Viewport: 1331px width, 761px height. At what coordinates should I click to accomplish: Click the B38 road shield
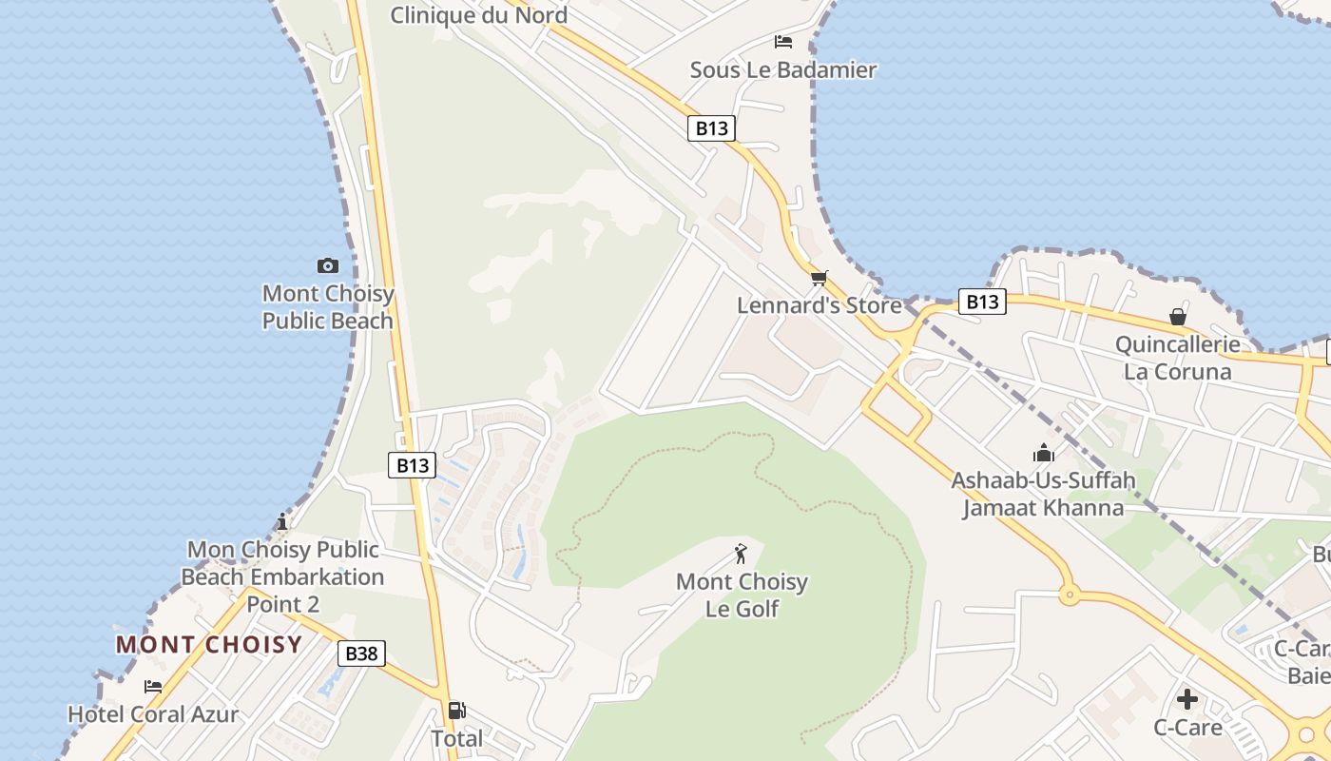361,654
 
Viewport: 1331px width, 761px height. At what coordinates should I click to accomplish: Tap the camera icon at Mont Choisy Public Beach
328,265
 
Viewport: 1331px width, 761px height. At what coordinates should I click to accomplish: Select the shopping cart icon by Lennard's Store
820,278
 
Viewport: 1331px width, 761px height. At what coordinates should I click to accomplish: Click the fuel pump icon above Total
456,710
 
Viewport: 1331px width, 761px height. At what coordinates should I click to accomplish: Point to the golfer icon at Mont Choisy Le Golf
742,553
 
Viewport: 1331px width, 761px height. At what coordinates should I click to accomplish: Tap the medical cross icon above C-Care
1187,699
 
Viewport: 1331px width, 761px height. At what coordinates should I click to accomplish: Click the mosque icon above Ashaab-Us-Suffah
1044,453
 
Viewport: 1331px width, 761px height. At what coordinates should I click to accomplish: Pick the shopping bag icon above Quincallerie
1178,317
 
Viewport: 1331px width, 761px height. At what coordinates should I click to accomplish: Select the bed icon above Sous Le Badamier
783,42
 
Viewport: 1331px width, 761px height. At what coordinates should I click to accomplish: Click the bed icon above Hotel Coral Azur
153,687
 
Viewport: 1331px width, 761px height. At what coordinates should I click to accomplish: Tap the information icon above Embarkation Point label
281,521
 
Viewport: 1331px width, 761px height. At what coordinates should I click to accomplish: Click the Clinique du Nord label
479,15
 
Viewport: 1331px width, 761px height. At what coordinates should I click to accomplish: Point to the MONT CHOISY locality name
209,645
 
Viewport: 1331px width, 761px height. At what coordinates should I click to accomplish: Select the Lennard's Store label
820,305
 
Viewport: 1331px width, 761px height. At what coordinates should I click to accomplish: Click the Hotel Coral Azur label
153,714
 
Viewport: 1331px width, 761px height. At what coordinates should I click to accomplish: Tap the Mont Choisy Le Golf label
742,595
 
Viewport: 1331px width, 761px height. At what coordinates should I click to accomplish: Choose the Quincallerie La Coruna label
1178,358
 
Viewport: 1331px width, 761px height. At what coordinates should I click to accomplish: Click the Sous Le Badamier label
783,69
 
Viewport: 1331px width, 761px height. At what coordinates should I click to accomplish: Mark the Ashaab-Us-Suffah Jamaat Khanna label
1044,494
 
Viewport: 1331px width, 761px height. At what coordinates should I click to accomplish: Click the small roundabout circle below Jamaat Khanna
1069,596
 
